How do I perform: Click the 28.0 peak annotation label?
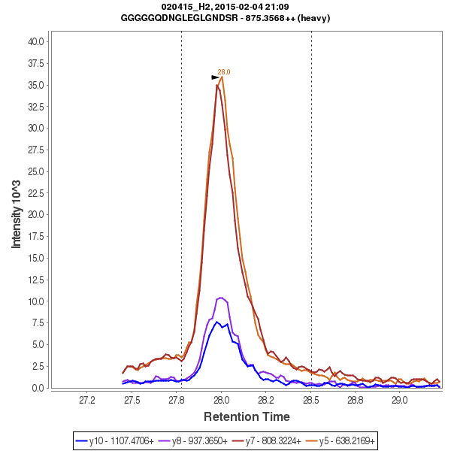[224, 72]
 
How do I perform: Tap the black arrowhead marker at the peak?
[215, 77]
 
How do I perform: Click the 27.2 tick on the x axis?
[87, 399]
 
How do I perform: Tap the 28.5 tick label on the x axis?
[311, 399]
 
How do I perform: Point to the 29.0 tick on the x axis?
[400, 399]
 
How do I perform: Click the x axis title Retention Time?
[247, 416]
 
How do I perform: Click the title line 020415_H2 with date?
[225, 7]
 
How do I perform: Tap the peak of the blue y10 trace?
[216, 322]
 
